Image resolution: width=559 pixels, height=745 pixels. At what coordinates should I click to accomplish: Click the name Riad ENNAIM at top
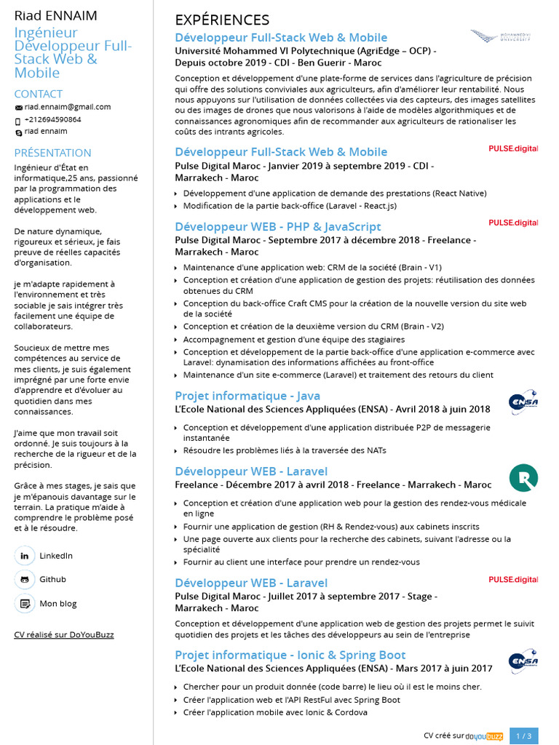(55, 15)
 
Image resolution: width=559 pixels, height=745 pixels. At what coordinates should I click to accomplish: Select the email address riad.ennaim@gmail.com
(68, 107)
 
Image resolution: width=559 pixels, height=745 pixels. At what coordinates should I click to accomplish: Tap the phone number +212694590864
(52, 119)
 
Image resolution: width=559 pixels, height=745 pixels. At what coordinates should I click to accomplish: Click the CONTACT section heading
(39, 94)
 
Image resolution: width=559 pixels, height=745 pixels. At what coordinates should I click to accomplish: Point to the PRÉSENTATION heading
(53, 153)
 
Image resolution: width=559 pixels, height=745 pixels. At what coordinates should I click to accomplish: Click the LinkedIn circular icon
(25, 556)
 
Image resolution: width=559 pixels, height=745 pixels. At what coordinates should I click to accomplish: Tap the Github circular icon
(25, 580)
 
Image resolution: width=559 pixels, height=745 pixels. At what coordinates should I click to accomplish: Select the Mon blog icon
(25, 604)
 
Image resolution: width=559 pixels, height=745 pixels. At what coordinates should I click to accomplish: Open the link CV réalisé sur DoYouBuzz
(64, 634)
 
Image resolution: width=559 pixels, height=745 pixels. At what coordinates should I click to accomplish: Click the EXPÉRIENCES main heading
(222, 20)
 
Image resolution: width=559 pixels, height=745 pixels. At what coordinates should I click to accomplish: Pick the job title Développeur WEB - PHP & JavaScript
(278, 226)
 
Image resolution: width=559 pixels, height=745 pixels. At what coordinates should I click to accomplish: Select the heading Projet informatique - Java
(247, 396)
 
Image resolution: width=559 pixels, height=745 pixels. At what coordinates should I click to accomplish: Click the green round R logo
(523, 478)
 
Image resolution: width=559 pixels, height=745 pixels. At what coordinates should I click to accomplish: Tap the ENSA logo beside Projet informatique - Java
(523, 402)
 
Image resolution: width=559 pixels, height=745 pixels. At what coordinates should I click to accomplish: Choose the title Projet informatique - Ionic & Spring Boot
(290, 655)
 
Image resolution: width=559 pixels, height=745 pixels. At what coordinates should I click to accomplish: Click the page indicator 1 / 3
(524, 736)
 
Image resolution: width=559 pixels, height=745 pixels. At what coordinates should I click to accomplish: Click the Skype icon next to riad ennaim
(19, 132)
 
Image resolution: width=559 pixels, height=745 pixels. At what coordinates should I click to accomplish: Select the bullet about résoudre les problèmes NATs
(285, 450)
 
